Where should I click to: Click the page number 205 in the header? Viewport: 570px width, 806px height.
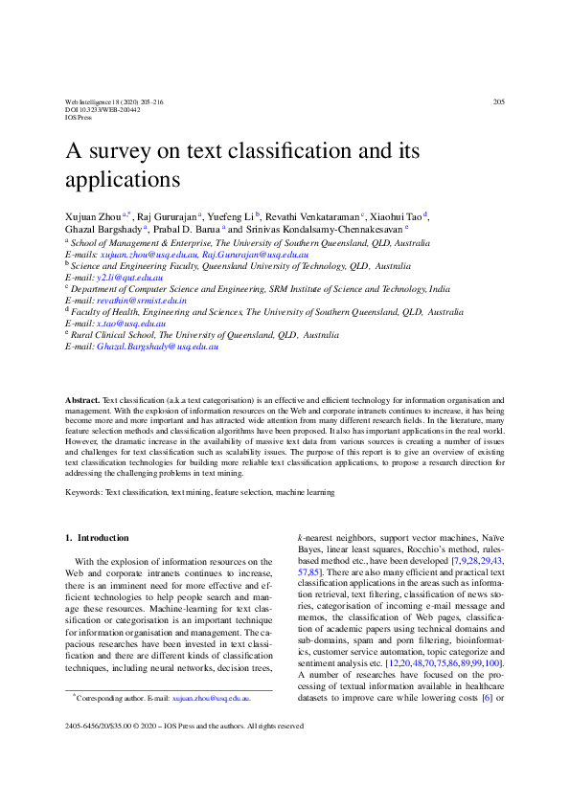pos(498,101)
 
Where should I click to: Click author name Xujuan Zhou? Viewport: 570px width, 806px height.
pos(93,218)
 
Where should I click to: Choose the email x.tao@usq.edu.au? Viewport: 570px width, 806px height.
pos(129,324)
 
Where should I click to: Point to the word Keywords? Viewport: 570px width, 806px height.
pos(83,493)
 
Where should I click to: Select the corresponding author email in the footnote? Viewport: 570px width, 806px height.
pos(204,699)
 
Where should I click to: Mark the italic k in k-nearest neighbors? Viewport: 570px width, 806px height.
pos(301,538)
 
